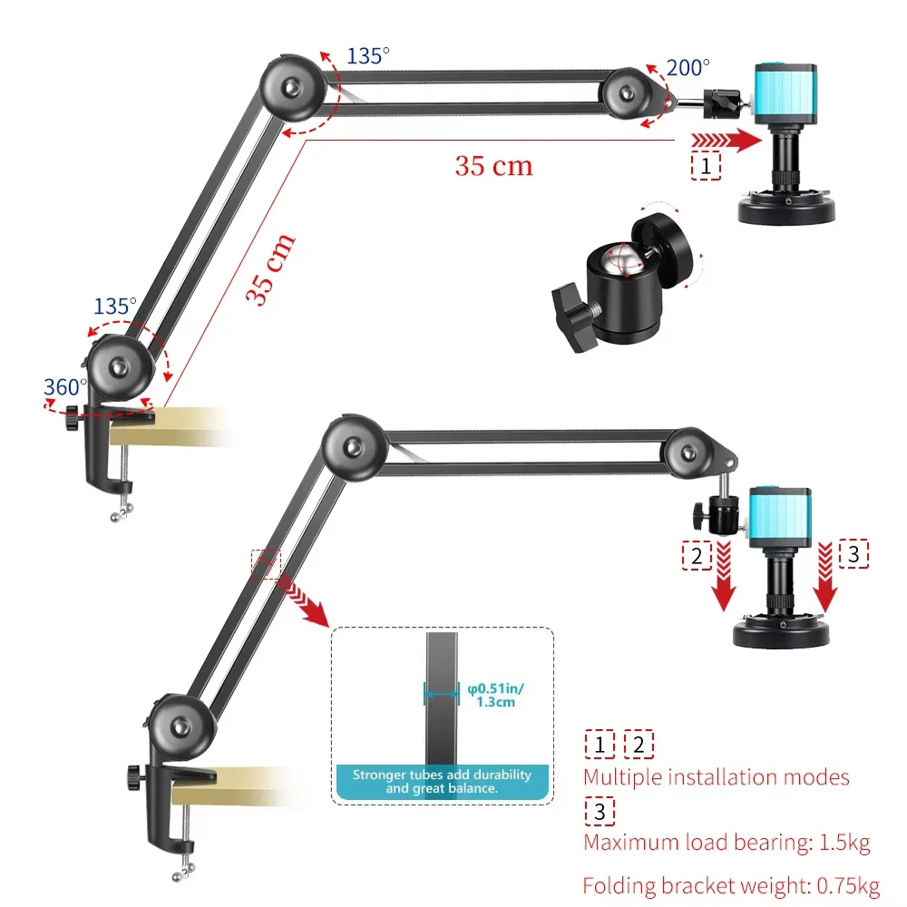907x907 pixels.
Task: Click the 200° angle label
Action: click(688, 67)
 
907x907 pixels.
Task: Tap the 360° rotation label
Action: click(65, 387)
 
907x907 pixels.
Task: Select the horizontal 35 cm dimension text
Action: click(493, 165)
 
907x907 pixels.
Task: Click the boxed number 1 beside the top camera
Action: click(706, 165)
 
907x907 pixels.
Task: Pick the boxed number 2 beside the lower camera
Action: click(696, 554)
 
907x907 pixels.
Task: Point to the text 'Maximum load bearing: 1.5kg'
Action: click(727, 843)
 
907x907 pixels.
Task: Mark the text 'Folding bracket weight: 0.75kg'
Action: click(731, 885)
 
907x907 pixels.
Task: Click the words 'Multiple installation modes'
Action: click(717, 776)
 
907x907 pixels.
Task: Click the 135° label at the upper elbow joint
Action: click(367, 55)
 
